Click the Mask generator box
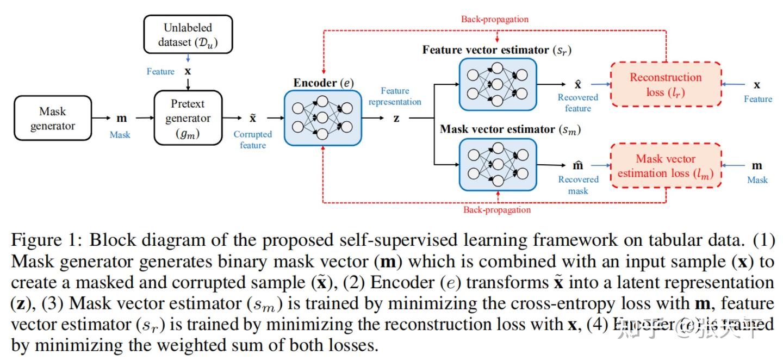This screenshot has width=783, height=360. [52, 119]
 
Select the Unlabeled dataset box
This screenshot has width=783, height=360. [188, 34]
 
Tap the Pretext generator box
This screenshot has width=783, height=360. [188, 118]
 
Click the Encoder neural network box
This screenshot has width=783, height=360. [322, 118]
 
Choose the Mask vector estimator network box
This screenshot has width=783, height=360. [498, 164]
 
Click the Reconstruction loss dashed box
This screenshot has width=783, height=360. [666, 84]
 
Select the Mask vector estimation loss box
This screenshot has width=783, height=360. [666, 166]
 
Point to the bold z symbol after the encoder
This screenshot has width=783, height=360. [396, 118]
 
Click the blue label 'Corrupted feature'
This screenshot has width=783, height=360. [253, 140]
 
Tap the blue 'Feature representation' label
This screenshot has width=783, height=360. [395, 96]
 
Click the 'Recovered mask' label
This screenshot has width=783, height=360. [578, 185]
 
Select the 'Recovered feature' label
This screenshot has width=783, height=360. [577, 103]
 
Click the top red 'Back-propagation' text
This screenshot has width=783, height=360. [495, 19]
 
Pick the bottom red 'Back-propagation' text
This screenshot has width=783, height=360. [497, 210]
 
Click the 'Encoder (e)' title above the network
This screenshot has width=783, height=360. [324, 83]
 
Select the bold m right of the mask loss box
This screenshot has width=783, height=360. [757, 165]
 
